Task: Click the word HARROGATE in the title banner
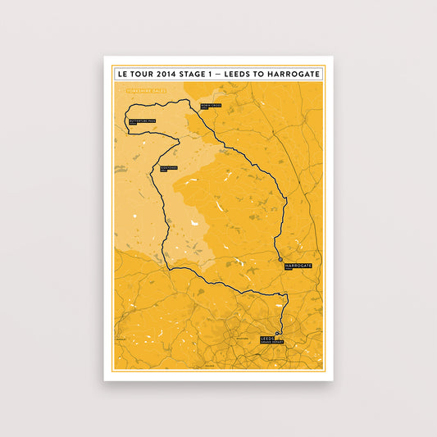pos(290,74)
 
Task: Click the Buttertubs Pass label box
pos(137,122)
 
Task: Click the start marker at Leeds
pos(278,332)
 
